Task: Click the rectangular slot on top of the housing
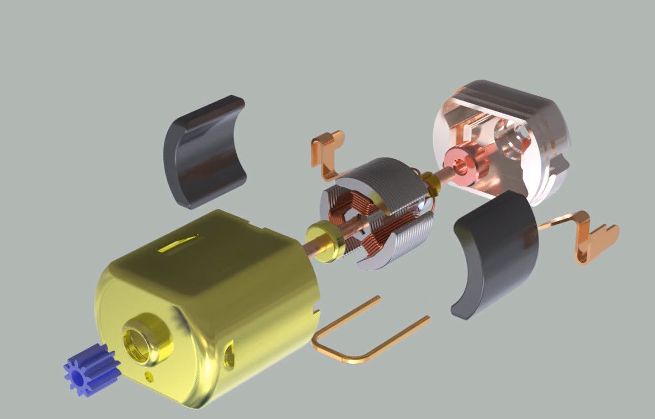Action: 179,243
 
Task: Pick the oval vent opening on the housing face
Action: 228,355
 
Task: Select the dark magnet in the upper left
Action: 204,152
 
